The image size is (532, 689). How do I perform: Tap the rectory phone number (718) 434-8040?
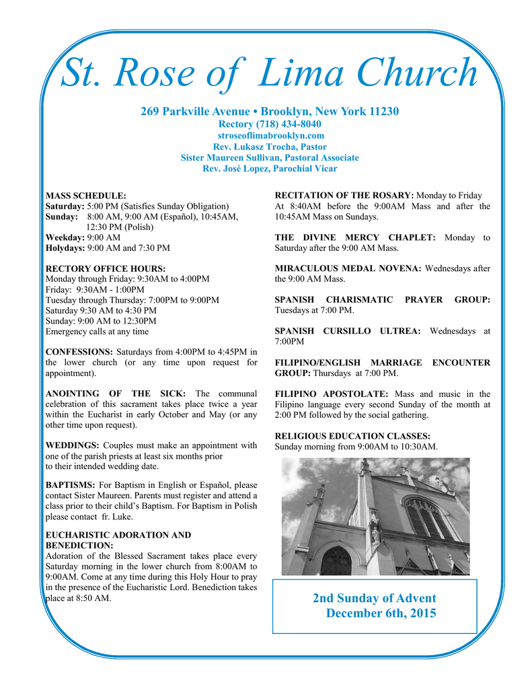[270, 124]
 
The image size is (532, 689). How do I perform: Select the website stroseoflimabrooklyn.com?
[270, 135]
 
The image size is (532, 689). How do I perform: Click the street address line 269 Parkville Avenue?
[270, 111]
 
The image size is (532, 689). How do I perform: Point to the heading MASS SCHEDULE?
[85, 195]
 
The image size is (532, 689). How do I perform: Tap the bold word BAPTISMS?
[70, 485]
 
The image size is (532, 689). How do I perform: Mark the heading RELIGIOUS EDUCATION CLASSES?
[352, 436]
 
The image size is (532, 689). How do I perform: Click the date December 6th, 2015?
[381, 614]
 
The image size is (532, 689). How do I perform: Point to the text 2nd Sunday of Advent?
[374, 598]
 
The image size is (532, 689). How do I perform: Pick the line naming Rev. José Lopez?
[270, 168]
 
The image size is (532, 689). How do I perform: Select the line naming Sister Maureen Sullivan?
[270, 157]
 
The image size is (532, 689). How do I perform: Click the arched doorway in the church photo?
[335, 561]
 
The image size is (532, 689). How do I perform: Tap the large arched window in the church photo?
[427, 518]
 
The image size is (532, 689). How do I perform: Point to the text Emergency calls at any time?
[97, 331]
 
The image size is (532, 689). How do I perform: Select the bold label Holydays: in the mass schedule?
[65, 248]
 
